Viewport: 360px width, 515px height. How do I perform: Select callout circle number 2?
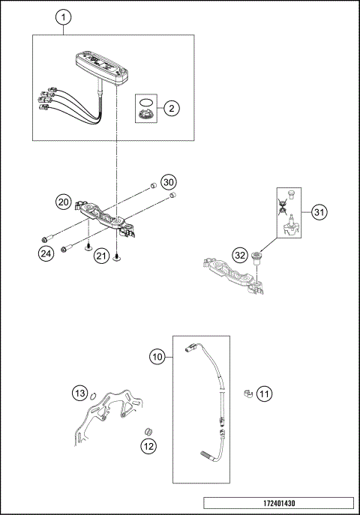click(x=172, y=109)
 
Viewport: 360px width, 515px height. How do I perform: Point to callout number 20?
click(x=63, y=202)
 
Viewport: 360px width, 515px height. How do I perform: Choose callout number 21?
click(x=100, y=256)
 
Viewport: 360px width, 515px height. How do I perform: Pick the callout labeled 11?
click(x=264, y=392)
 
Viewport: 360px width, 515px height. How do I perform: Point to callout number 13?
click(x=79, y=393)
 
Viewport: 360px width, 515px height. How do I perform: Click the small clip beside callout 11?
click(x=245, y=392)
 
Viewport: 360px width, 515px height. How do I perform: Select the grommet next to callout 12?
click(x=148, y=431)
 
